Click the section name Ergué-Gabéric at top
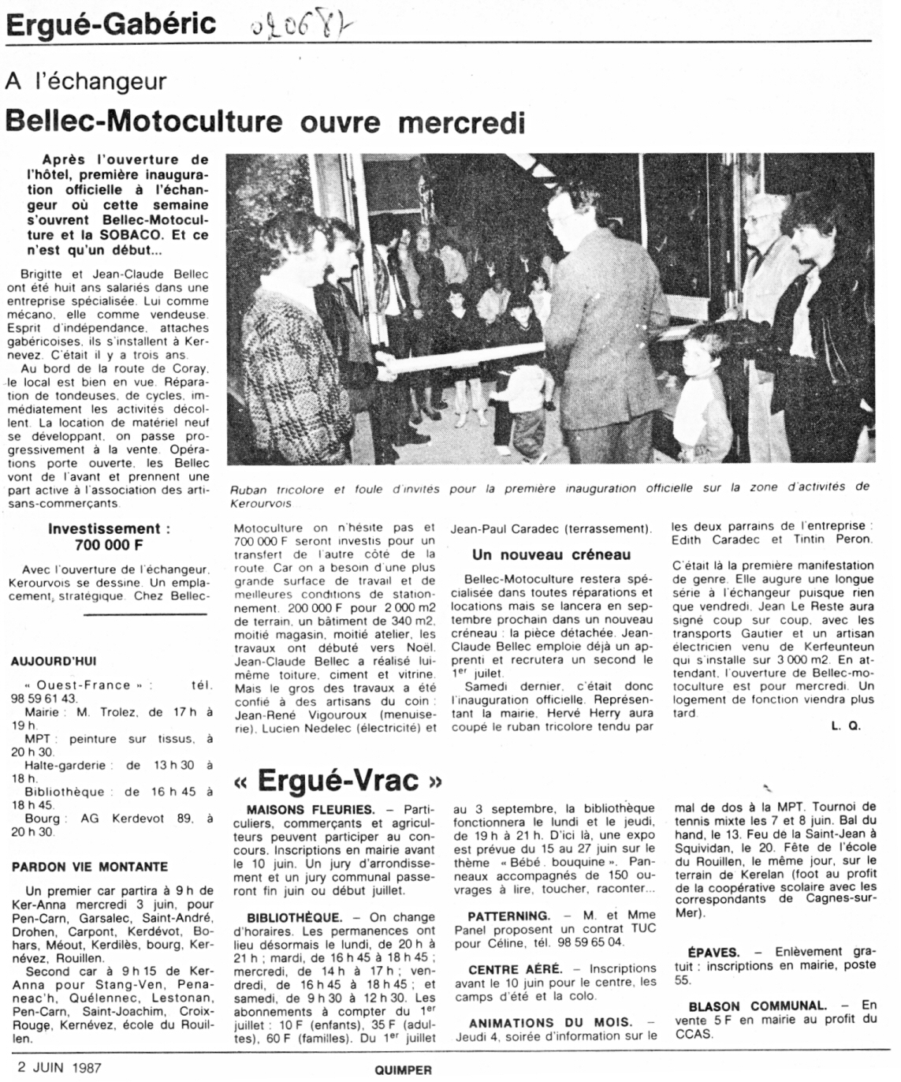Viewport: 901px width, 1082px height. (x=111, y=24)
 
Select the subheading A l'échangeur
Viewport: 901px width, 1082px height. (x=86, y=81)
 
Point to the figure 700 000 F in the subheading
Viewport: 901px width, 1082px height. (x=108, y=545)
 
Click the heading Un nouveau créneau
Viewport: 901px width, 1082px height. (x=552, y=554)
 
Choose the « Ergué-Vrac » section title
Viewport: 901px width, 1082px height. (x=338, y=780)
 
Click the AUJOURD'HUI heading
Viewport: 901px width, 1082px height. (x=54, y=661)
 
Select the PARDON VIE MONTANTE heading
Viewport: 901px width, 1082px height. (x=90, y=866)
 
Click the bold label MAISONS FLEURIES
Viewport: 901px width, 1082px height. (x=311, y=809)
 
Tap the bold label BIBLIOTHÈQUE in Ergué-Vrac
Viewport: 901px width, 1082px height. (x=294, y=917)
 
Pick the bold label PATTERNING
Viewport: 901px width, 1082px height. (x=508, y=916)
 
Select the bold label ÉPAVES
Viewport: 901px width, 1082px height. (x=713, y=953)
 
